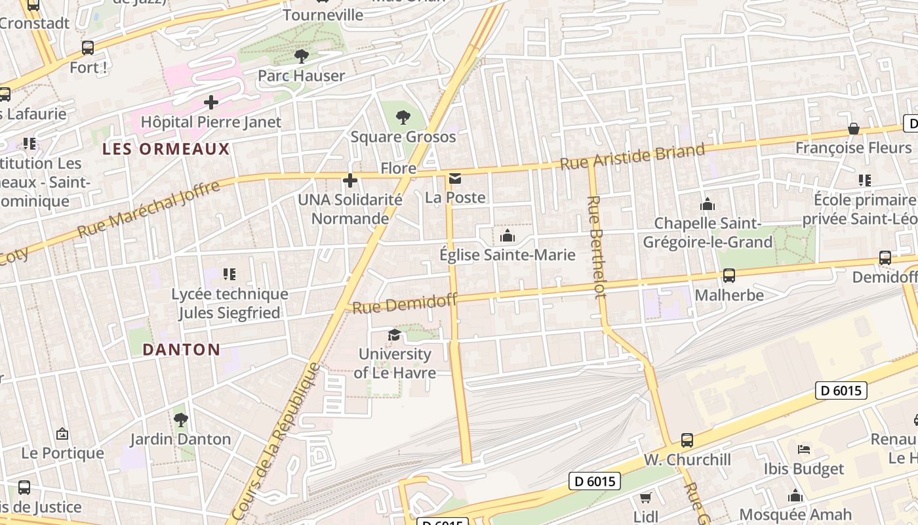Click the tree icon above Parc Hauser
click(x=301, y=56)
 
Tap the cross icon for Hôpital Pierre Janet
click(x=211, y=102)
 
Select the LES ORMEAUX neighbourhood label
click(x=166, y=149)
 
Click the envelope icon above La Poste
click(x=455, y=178)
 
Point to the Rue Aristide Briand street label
click(x=632, y=156)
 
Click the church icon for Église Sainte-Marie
click(x=507, y=236)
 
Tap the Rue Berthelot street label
click(x=596, y=247)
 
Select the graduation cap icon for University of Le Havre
click(x=394, y=335)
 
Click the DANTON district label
click(x=182, y=349)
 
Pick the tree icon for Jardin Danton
click(x=181, y=419)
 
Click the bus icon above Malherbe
click(x=728, y=276)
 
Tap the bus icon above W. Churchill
click(x=687, y=440)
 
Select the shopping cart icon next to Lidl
click(x=645, y=498)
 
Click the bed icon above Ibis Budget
click(x=804, y=450)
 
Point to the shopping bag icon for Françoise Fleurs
click(x=853, y=129)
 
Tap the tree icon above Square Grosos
click(x=403, y=118)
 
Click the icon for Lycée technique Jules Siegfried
click(x=229, y=274)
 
